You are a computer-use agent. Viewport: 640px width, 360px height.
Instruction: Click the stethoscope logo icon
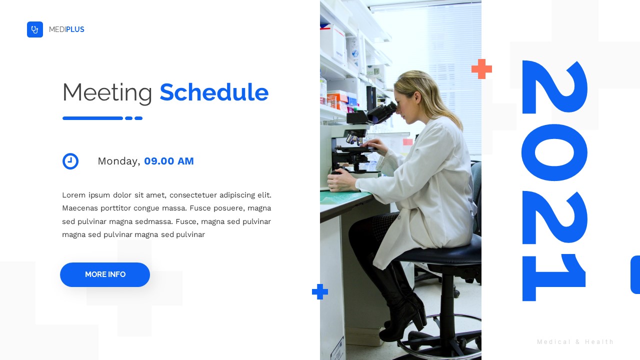35,29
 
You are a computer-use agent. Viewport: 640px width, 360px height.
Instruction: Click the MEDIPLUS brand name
66,29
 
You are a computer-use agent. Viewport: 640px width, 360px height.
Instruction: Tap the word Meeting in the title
107,92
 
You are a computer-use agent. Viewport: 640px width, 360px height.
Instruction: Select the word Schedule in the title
214,92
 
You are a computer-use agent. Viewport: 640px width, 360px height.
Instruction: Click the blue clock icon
70,161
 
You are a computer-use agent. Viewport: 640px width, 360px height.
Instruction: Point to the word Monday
118,161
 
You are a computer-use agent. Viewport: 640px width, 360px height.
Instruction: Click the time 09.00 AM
169,161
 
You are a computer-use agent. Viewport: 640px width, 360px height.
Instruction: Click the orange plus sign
481,69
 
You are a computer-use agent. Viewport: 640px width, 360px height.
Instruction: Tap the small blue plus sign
320,291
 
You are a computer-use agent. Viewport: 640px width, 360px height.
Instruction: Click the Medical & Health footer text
575,342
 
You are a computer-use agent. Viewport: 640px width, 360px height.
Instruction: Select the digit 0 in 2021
554,152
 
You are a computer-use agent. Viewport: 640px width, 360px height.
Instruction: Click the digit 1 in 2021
554,277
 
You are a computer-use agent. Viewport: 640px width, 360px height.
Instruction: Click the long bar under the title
92,118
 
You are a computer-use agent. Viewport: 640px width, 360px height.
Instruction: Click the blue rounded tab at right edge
635,274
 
